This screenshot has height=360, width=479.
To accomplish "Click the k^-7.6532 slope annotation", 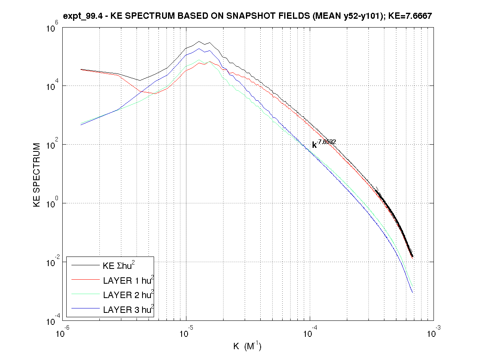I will (x=324, y=144).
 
